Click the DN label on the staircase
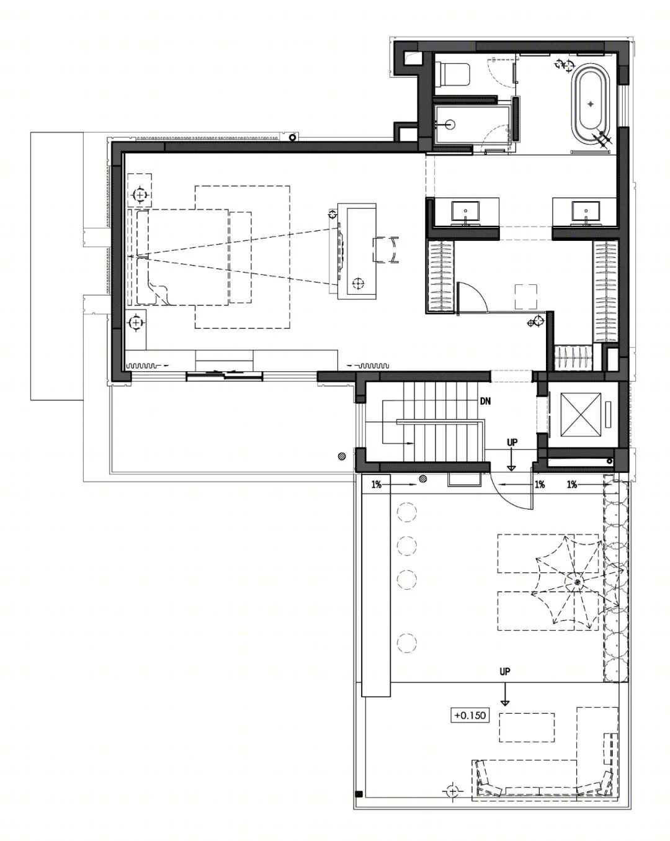485,402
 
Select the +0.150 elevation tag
470,715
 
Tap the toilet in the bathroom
454,74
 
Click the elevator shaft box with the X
581,415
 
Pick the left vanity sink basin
465,211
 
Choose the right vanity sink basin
585,211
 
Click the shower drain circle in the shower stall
450,125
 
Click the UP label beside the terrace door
512,443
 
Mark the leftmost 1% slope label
376,485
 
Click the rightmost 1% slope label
571,485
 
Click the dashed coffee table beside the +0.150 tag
527,727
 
